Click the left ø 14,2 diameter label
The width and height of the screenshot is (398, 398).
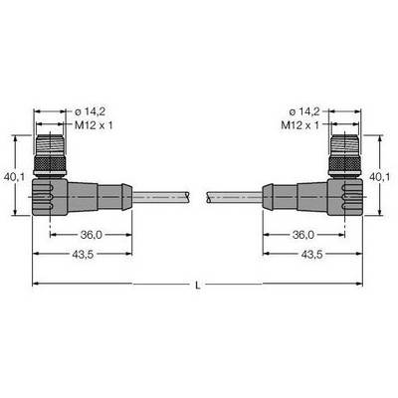(90, 111)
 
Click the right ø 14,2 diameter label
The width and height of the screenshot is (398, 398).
(304, 111)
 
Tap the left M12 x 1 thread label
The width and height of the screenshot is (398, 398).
(94, 125)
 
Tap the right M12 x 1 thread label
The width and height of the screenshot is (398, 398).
(300, 125)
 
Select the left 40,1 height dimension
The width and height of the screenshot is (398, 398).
(14, 177)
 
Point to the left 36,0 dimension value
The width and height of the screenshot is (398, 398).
(92, 235)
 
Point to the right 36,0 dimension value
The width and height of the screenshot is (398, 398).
(303, 235)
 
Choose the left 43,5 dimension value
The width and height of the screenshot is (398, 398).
(83, 255)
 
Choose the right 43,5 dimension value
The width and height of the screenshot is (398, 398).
(311, 255)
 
